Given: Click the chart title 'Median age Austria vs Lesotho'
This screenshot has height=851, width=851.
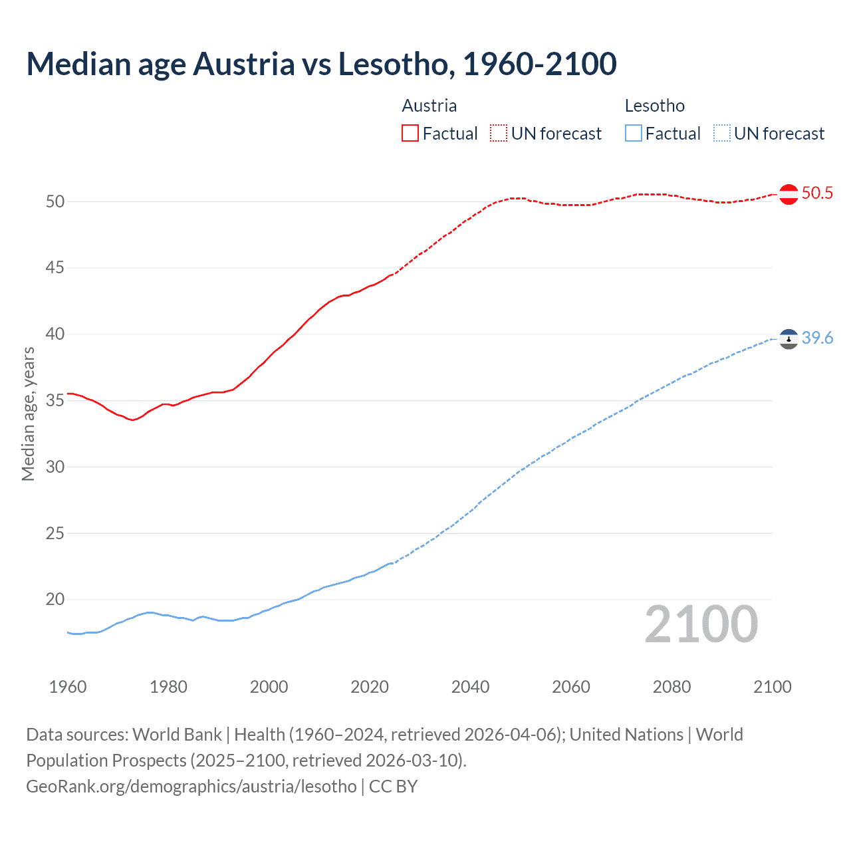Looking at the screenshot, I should point(321,64).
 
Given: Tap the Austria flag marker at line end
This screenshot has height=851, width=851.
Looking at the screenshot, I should point(789,194).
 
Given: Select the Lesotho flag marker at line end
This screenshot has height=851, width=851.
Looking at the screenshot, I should point(789,339).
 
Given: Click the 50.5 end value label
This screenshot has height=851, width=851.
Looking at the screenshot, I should point(817,193).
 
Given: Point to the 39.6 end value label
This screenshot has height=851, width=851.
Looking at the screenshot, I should point(817,338).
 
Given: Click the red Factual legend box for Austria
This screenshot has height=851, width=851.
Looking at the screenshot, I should point(410,134).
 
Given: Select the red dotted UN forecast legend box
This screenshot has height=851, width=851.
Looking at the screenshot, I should point(499,134).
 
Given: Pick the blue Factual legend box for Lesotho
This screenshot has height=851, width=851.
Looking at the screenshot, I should point(634,134).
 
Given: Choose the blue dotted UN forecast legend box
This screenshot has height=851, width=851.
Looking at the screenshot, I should point(721,134).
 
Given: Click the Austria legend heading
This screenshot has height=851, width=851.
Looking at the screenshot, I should point(429,106).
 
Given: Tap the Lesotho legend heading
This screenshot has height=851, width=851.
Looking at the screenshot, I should point(654,106).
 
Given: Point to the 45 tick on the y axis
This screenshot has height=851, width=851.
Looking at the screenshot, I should point(55,268).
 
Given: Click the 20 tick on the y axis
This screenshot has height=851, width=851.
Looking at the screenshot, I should point(55,600).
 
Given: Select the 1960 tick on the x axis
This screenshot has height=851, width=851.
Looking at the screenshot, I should point(68,687).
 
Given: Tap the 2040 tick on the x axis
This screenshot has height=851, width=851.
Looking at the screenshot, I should point(470,687).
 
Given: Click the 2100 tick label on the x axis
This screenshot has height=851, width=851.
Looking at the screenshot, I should point(772,687).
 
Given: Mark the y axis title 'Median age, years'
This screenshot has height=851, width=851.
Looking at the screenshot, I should point(28,414).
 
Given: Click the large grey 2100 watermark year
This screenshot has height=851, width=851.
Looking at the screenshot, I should point(701,624).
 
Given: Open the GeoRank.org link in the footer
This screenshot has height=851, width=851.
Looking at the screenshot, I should point(191,787).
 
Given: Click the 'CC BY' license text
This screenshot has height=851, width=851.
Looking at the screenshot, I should point(393,787).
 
